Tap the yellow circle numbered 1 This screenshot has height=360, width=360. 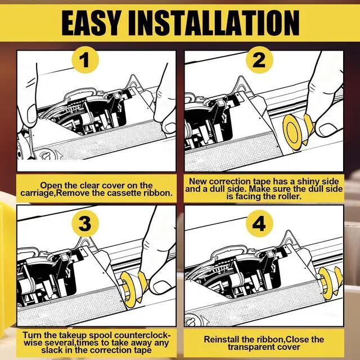pos(85,60)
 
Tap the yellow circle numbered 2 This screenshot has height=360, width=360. pos(259,60)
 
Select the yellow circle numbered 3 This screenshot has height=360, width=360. pos(85,223)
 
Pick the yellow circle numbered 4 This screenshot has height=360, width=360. pos(259,223)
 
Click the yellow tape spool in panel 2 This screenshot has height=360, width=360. pos(292,132)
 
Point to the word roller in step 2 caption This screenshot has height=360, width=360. pos(289,196)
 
